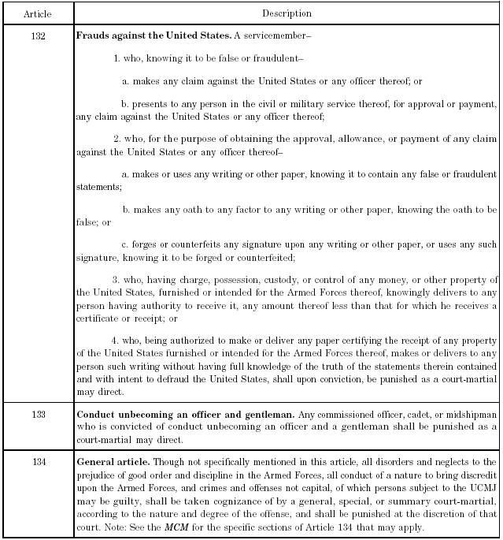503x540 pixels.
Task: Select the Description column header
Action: [287, 13]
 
